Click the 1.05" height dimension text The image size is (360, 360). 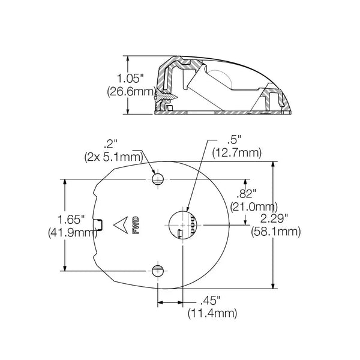click(x=130, y=79)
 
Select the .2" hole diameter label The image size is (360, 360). click(x=110, y=145)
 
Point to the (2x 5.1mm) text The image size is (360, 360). click(x=114, y=157)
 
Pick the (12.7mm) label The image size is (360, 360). click(x=237, y=152)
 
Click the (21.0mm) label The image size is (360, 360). click(x=254, y=207)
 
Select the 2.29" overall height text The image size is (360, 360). click(x=274, y=219)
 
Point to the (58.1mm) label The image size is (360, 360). click(x=276, y=232)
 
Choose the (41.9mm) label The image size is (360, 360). click(x=73, y=233)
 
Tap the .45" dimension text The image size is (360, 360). click(x=211, y=301)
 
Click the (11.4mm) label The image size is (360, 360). click(x=212, y=314)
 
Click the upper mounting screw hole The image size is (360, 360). click(x=158, y=179)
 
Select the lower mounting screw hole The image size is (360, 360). click(x=158, y=271)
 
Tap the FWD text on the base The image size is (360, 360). click(x=136, y=225)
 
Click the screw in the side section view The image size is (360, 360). click(x=166, y=96)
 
